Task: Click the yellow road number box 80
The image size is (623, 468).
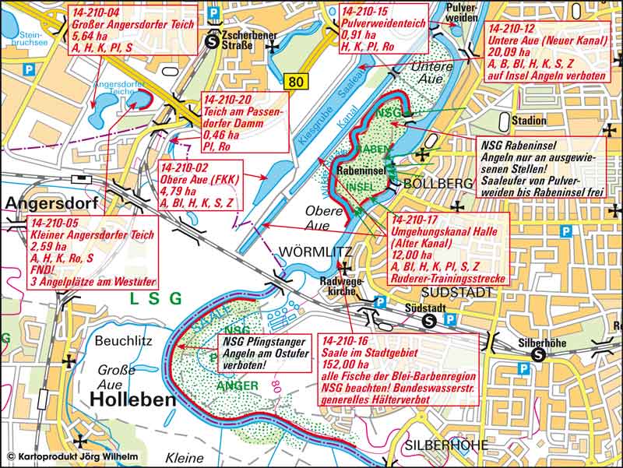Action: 294,81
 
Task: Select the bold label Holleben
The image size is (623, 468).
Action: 128,399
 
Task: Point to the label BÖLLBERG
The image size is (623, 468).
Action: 435,183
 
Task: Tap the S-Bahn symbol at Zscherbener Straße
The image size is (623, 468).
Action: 213,44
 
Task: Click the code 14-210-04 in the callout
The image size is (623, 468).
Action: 94,12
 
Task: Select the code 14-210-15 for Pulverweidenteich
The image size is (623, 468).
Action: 367,12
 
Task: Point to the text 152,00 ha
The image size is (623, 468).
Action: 344,363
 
